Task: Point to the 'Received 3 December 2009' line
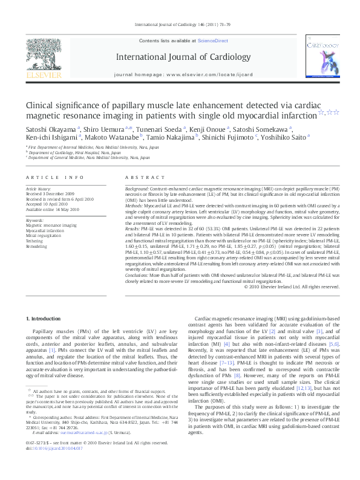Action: pos(48,193)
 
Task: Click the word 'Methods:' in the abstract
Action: pos(135,204)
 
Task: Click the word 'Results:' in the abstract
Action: pos(134,230)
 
